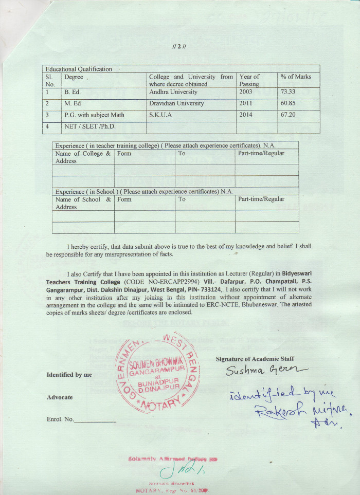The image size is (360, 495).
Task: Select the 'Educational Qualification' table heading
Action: coord(79,69)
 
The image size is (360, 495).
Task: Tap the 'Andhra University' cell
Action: coord(173,92)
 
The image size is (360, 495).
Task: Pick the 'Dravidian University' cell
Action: coord(176,103)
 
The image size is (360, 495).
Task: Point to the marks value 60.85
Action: coord(289,103)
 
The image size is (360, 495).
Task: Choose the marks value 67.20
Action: coord(289,115)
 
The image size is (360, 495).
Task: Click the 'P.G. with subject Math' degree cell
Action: coord(94,115)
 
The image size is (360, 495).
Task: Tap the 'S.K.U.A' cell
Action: coord(160,115)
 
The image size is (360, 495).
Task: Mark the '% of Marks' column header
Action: coord(296,77)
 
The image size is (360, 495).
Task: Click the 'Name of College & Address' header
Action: coord(82,157)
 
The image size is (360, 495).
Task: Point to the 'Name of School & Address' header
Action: coord(82,203)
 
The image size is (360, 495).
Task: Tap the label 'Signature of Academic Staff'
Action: coord(255,359)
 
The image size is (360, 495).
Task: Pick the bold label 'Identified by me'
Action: coord(69,375)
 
